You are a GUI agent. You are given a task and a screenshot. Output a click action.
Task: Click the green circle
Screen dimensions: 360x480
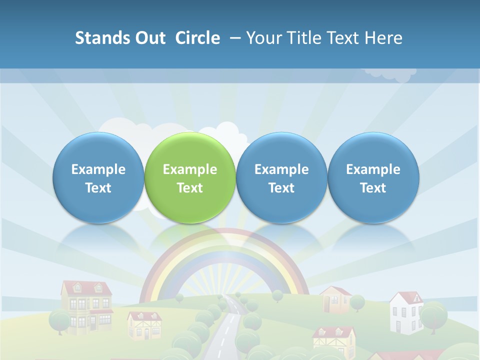click(x=190, y=177)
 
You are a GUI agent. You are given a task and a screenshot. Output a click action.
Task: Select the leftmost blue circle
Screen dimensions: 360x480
click(x=98, y=177)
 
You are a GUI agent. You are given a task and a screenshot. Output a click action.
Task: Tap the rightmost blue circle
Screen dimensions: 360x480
click(x=373, y=177)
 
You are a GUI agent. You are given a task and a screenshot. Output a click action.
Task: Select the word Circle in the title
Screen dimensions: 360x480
click(x=197, y=38)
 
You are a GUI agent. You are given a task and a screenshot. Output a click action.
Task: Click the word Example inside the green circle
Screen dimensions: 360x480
click(x=190, y=169)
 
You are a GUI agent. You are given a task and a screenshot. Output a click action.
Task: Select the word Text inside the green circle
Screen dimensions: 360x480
click(x=190, y=188)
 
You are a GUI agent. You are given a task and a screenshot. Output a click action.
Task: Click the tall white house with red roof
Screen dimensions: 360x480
click(x=406, y=312)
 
